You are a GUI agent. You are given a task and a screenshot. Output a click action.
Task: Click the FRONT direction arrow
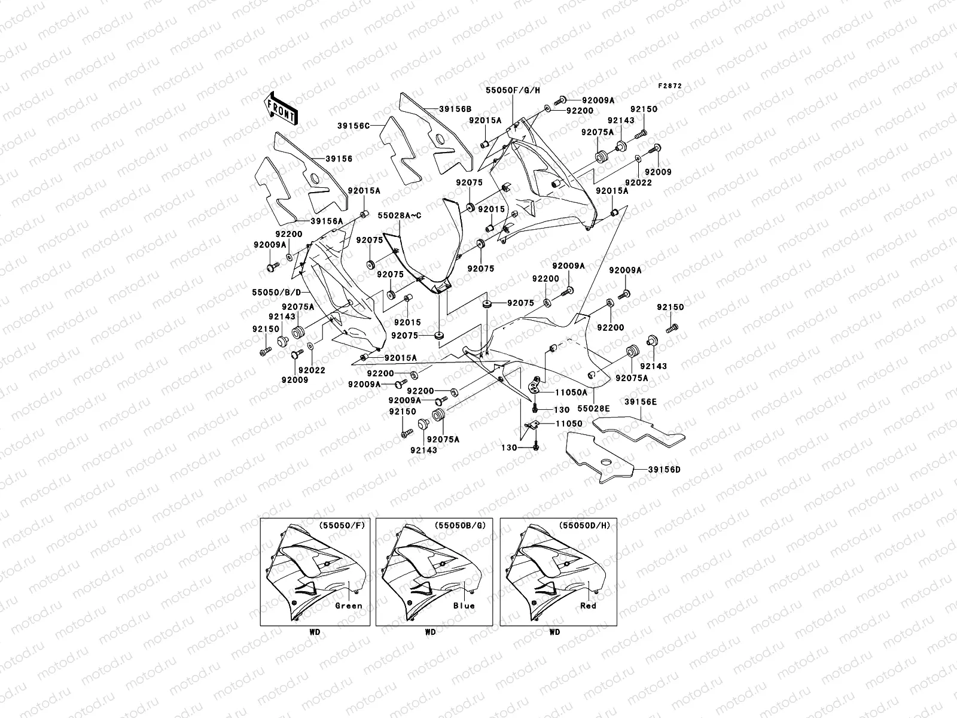pyautogui.click(x=282, y=108)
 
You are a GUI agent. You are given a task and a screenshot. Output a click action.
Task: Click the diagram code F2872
pyautogui.click(x=670, y=86)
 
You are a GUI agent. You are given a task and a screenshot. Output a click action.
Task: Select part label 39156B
pyautogui.click(x=455, y=109)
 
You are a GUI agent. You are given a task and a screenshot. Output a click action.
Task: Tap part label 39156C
pyautogui.click(x=353, y=126)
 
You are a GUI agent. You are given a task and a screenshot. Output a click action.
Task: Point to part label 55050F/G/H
pyautogui.click(x=513, y=90)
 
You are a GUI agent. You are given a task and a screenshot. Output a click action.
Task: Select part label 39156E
pyautogui.click(x=641, y=402)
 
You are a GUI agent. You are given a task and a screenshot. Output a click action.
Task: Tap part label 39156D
pyautogui.click(x=664, y=470)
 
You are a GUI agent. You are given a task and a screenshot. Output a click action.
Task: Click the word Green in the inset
pyautogui.click(x=349, y=606)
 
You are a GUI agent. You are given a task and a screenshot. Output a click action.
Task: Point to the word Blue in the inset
pyautogui.click(x=464, y=606)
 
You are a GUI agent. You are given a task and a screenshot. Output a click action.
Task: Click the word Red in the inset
pyautogui.click(x=588, y=606)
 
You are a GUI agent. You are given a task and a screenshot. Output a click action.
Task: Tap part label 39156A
pyautogui.click(x=327, y=221)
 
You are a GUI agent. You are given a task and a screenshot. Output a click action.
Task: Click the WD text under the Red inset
pyautogui.click(x=554, y=632)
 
